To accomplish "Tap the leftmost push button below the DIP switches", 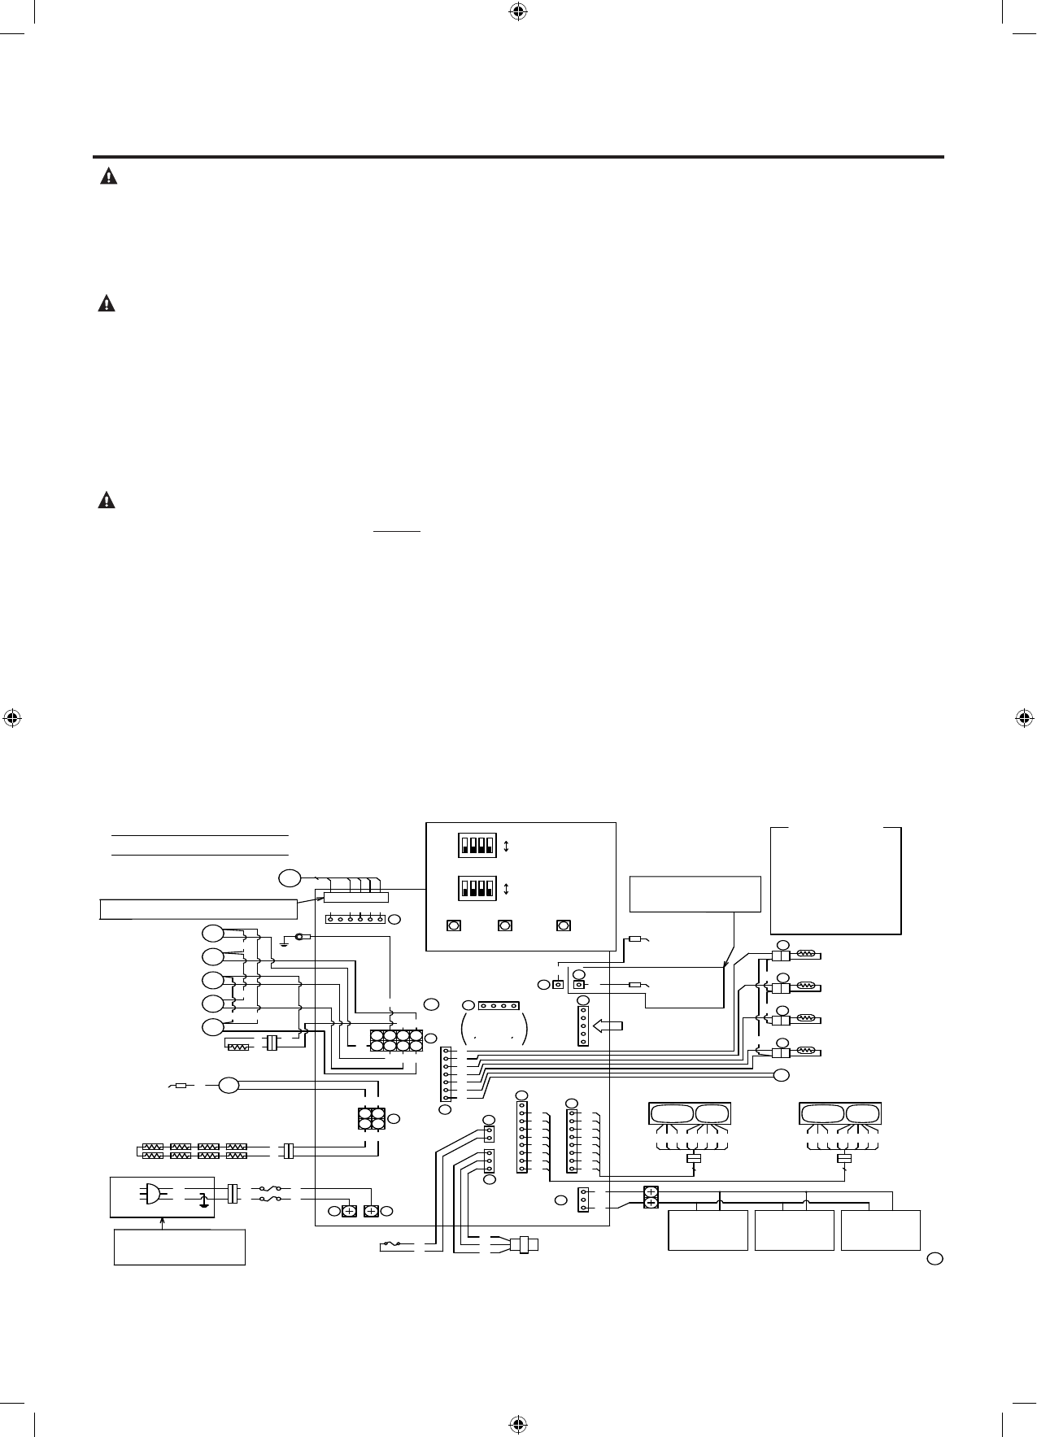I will point(455,926).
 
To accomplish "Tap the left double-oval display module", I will point(689,1113).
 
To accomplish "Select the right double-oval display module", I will point(840,1113).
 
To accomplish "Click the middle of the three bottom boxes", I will point(795,1230).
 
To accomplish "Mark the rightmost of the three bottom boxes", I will point(881,1230).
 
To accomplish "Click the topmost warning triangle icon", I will point(107,176).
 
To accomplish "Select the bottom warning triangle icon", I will point(107,500).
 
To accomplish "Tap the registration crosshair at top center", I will point(518,11).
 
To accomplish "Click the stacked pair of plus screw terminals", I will point(651,1199).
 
